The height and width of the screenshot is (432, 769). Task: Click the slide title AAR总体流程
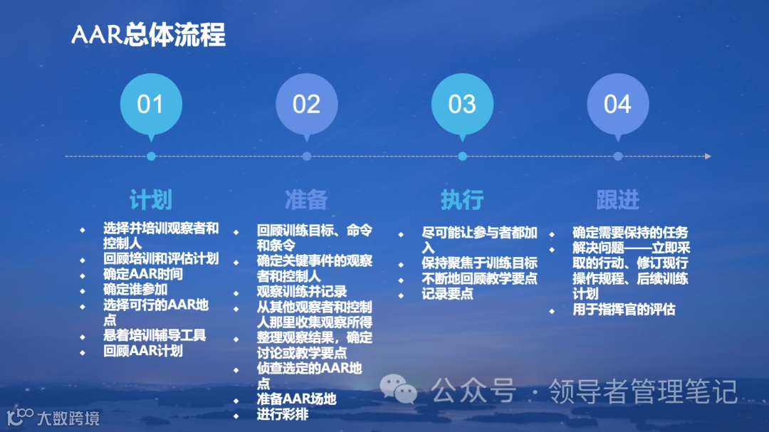click(x=148, y=34)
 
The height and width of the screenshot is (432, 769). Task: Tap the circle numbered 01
click(x=150, y=104)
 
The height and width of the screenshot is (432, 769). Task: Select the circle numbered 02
click(x=306, y=104)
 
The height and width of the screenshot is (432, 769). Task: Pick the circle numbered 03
click(x=462, y=104)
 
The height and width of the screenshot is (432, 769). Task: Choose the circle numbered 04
click(x=617, y=104)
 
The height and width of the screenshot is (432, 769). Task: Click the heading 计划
click(x=150, y=199)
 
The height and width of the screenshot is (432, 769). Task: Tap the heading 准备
click(x=306, y=199)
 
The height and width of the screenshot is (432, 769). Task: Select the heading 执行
click(x=462, y=199)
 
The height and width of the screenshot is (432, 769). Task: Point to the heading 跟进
click(x=617, y=199)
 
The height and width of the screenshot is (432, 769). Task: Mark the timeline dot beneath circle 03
click(x=462, y=156)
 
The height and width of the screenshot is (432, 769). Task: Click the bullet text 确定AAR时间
click(x=142, y=274)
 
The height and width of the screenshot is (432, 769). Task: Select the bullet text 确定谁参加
click(x=135, y=290)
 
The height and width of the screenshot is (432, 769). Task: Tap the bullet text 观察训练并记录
click(x=302, y=292)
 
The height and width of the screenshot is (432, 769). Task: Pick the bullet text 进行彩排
click(x=283, y=414)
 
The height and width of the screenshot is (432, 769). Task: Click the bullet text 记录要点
click(x=447, y=294)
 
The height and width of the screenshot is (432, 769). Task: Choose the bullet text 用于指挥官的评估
click(x=624, y=310)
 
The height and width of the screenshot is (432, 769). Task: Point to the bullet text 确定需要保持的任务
click(x=630, y=233)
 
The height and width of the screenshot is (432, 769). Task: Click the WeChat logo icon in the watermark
click(x=398, y=389)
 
